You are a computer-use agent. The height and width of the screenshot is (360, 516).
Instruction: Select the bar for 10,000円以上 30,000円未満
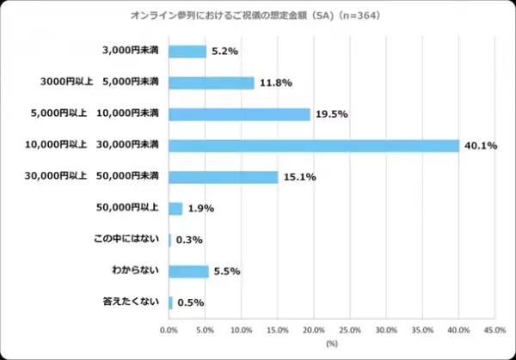point(314,145)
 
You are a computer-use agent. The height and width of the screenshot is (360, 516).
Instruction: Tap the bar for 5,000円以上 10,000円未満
point(239,114)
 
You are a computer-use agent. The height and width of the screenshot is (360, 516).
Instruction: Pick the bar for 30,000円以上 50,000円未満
point(224,177)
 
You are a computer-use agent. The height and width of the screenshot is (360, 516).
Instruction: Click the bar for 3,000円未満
point(187,52)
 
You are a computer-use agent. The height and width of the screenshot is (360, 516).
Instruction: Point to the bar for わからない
point(188,272)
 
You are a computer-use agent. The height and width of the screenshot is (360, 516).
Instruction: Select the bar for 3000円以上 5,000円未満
point(212,82)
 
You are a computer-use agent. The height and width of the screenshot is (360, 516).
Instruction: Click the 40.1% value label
point(479,145)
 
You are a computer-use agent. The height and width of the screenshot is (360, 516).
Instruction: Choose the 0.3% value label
point(189,241)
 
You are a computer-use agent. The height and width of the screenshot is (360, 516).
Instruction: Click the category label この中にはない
point(129,240)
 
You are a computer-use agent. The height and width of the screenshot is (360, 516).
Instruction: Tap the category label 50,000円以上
point(129,208)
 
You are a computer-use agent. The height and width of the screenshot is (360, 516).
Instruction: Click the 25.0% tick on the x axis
point(350,329)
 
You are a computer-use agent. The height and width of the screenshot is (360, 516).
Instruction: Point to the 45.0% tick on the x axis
point(494,329)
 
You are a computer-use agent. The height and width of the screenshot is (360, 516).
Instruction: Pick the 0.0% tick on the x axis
point(169,329)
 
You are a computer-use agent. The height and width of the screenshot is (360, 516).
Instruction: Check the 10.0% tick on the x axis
point(242,329)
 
